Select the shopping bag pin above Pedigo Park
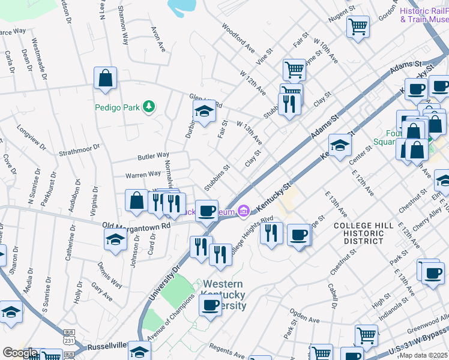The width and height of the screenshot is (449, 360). coord(105,79)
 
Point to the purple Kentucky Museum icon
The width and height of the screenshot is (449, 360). coord(243,211)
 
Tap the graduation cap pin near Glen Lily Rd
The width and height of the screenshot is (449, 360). coord(204,112)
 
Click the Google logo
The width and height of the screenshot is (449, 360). coord(19,353)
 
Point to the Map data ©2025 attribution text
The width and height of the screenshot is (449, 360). coord(423,355)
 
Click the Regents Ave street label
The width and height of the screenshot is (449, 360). coord(228,351)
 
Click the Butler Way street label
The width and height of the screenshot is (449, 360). coord(153,156)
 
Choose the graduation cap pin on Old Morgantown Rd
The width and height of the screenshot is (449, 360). coord(115,238)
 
